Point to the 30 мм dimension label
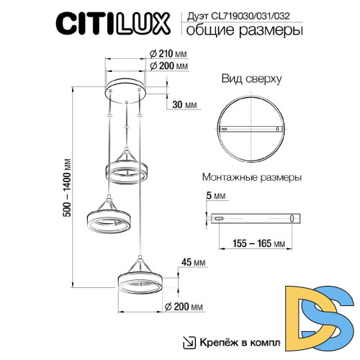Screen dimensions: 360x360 coord(186,106)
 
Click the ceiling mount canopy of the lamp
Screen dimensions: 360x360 coord(127,91)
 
